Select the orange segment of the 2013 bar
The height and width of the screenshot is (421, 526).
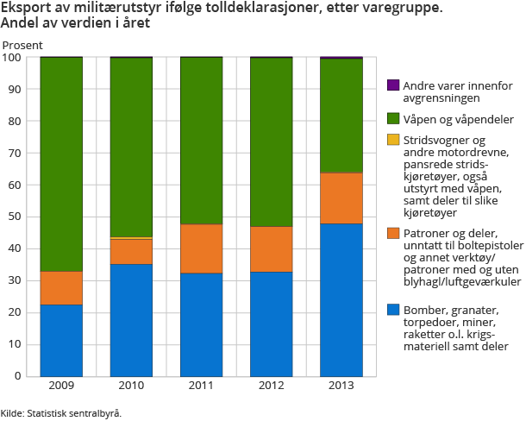tap(341, 198)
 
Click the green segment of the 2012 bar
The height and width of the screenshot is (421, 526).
tap(271, 141)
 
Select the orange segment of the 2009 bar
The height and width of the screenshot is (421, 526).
tap(62, 287)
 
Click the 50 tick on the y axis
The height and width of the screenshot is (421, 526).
tap(13, 217)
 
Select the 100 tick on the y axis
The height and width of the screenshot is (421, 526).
tap(11, 58)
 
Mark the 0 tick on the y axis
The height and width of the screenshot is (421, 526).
tap(16, 376)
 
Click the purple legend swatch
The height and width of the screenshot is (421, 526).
tap(393, 85)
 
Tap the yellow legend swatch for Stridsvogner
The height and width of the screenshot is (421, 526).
tap(393, 140)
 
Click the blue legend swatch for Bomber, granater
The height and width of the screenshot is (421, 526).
tap(393, 309)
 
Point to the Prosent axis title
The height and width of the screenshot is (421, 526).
tap(22, 43)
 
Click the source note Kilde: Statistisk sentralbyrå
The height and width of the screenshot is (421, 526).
tap(61, 412)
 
